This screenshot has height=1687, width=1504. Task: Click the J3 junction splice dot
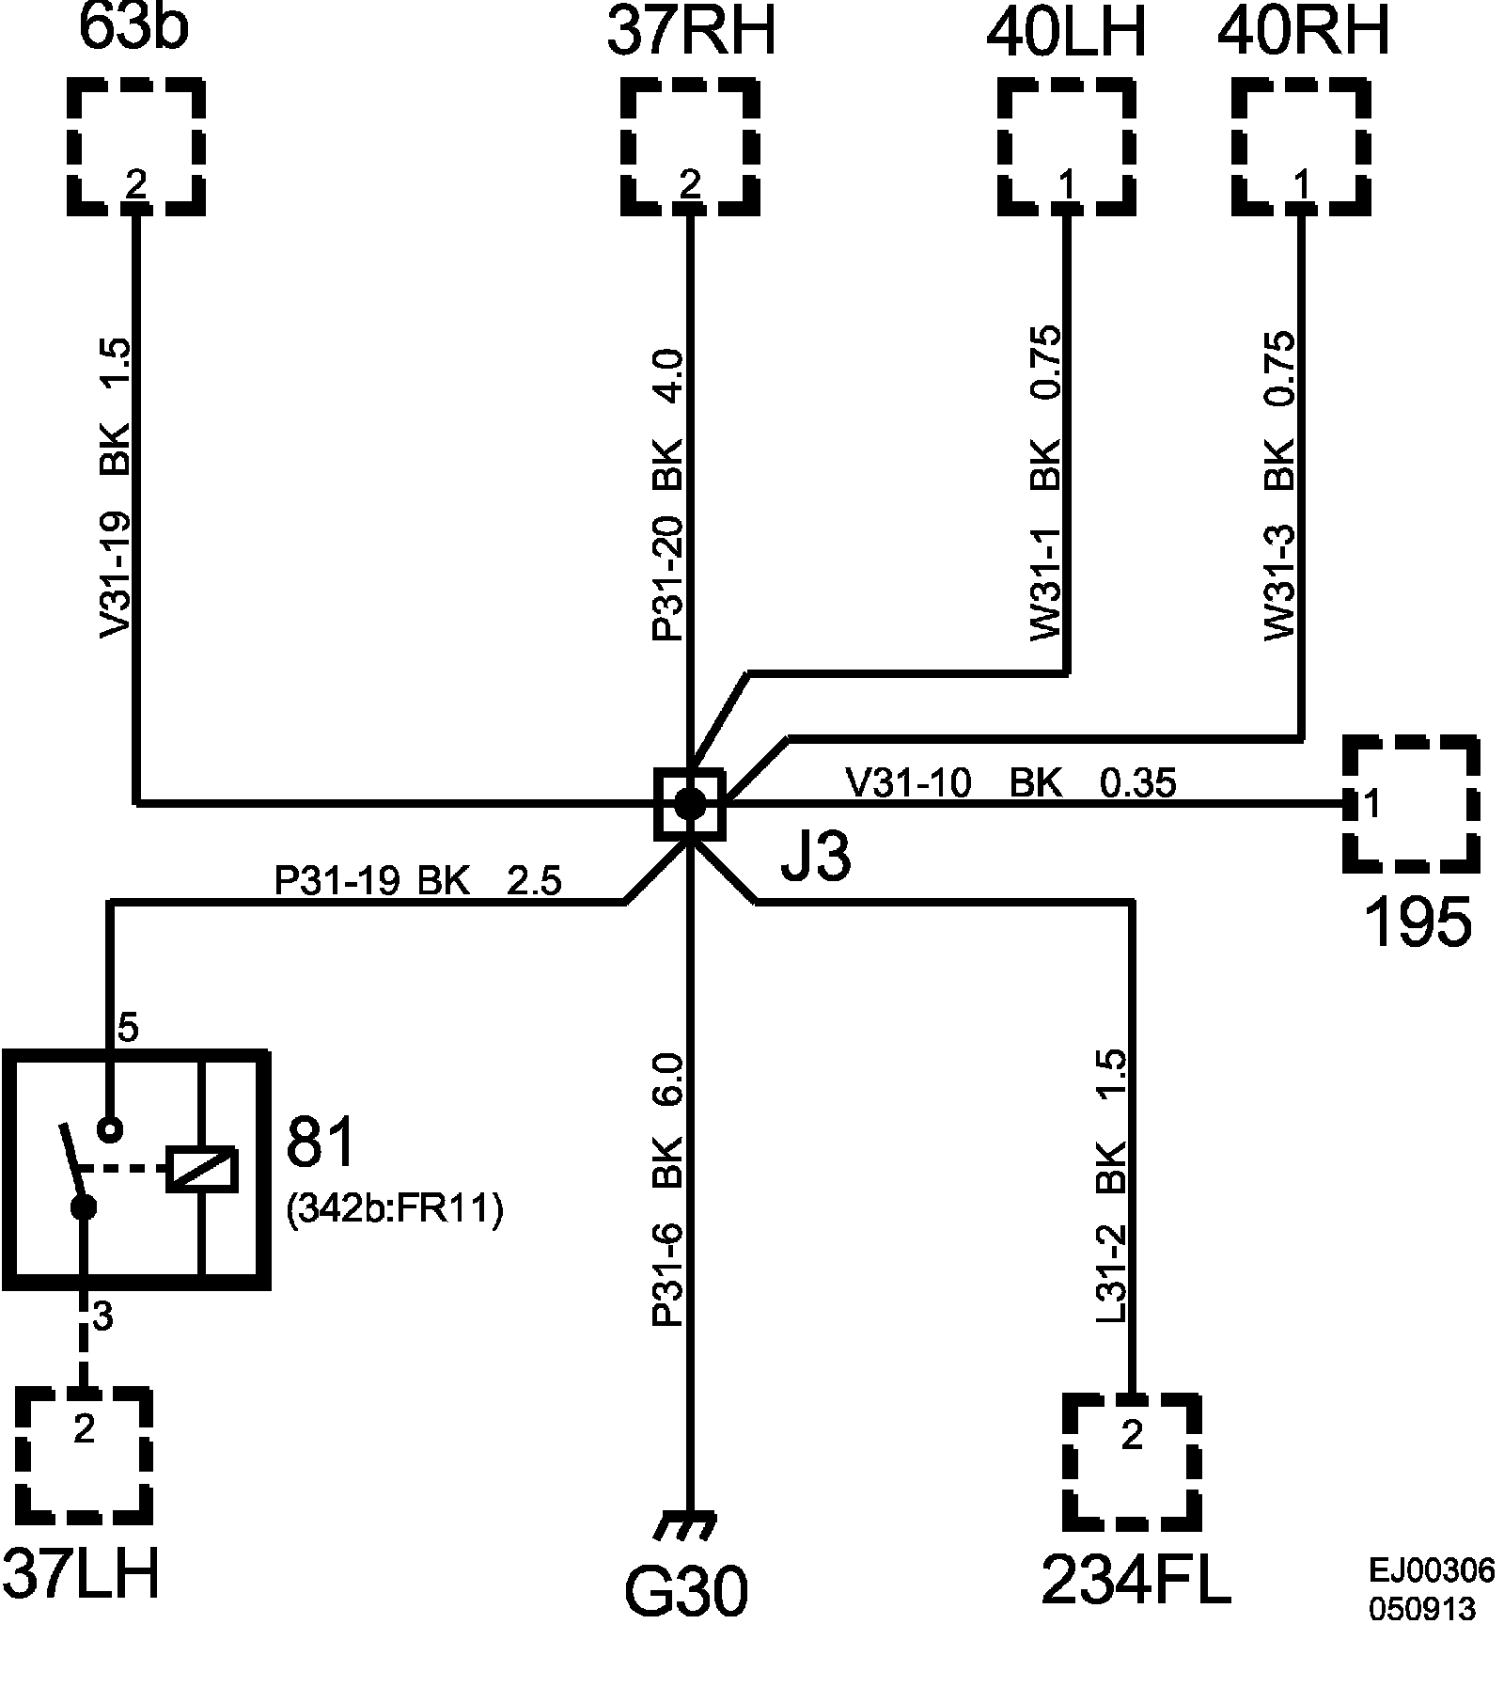tap(689, 803)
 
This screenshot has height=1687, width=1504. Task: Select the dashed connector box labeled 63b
tap(136, 147)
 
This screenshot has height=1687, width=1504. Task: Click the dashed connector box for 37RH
tap(690, 147)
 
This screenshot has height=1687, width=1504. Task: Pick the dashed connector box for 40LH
tap(1066, 147)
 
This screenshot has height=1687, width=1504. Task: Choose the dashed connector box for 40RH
tap(1301, 147)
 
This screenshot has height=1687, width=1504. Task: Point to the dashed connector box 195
tap(1410, 803)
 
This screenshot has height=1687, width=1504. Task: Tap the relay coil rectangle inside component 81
tap(201, 1171)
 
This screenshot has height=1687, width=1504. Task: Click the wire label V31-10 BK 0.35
tap(1010, 782)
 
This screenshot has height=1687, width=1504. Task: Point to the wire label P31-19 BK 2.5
tap(417, 882)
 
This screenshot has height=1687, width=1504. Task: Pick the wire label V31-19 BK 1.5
tap(116, 489)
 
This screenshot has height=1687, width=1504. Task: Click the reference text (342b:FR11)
tap(394, 1209)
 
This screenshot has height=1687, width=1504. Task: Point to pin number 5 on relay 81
tap(127, 1029)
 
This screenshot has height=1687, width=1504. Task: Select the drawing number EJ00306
tap(1431, 1570)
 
